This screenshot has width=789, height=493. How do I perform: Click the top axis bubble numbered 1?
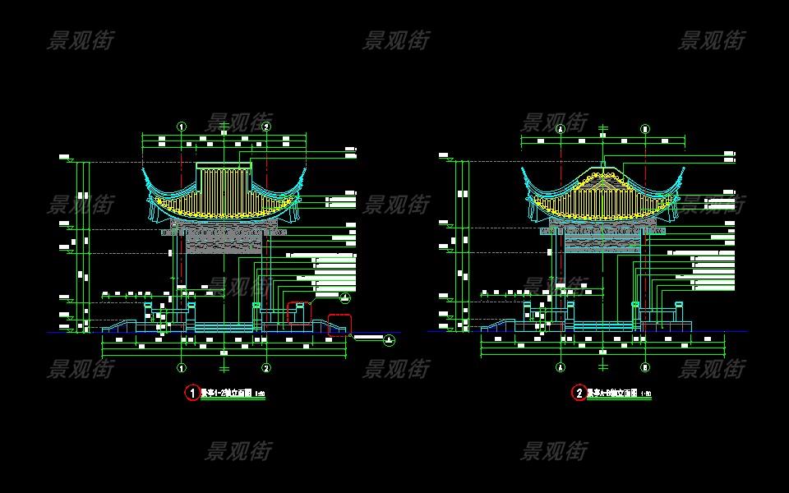click(x=182, y=127)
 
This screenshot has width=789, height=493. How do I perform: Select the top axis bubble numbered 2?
click(x=266, y=127)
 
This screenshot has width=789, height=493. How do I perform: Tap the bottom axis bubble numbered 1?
click(x=182, y=367)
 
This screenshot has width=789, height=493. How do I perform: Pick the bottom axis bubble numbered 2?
click(x=266, y=367)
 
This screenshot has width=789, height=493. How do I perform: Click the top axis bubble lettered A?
click(x=561, y=129)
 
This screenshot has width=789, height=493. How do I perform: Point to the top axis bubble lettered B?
click(x=645, y=129)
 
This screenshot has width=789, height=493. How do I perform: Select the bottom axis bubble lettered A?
click(x=561, y=367)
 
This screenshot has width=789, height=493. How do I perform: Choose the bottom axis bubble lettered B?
click(x=645, y=367)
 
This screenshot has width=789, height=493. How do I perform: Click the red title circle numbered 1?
click(x=192, y=394)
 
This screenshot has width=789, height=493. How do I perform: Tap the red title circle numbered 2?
click(x=579, y=394)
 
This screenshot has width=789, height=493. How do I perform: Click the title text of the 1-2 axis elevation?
click(x=228, y=394)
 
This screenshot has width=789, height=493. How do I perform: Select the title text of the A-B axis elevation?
click(x=614, y=394)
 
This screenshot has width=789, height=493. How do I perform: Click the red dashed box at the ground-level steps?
click(x=339, y=325)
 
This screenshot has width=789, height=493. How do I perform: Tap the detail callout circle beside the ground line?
click(x=389, y=339)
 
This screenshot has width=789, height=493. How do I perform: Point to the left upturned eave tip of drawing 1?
click(x=144, y=171)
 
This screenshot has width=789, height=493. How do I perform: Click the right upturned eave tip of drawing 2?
click(x=683, y=171)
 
